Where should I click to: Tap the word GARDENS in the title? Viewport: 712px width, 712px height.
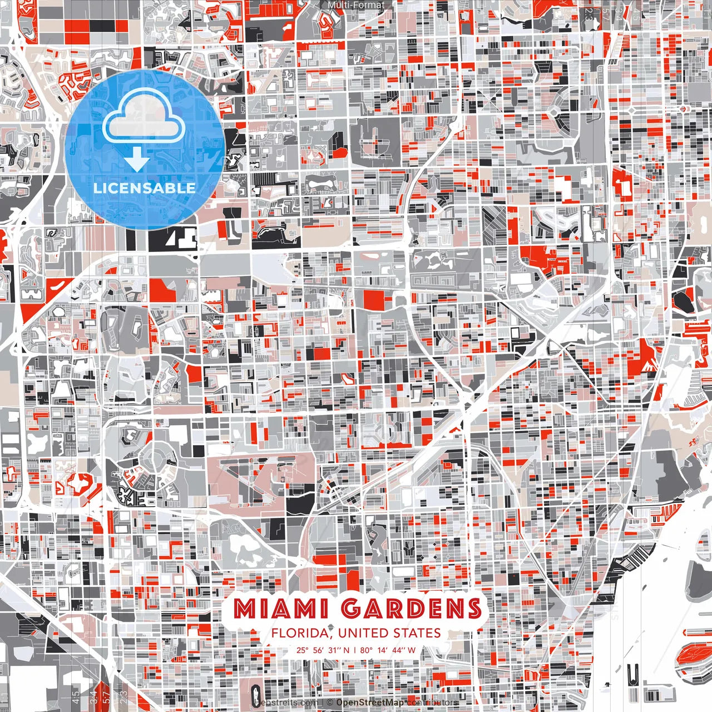click(x=411, y=609)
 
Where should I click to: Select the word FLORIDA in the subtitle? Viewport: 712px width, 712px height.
click(x=301, y=633)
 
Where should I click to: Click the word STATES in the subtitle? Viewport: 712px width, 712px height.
click(x=417, y=633)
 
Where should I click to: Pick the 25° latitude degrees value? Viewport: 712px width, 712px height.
click(x=302, y=650)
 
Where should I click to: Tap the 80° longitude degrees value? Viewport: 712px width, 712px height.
click(x=365, y=650)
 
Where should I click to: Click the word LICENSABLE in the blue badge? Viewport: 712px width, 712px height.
click(x=145, y=187)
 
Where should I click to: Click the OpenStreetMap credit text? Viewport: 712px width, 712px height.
click(x=370, y=703)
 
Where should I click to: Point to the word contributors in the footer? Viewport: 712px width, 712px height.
click(x=433, y=703)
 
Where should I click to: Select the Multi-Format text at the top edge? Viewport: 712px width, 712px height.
click(x=356, y=5)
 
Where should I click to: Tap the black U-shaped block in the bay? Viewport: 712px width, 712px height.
click(x=632, y=675)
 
